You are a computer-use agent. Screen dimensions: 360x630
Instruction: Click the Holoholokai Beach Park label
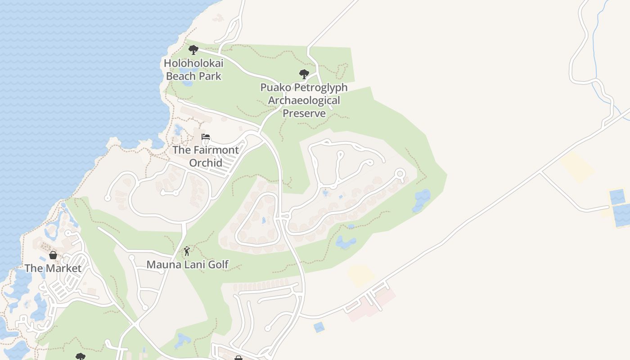pos(193,70)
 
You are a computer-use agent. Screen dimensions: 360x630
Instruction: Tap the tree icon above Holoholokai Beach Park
pos(193,49)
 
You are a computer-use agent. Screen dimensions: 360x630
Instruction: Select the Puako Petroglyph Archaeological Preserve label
pos(304,100)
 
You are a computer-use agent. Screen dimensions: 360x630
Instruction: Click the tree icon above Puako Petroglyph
pos(304,74)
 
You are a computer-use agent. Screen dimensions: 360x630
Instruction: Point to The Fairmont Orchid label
pos(206,156)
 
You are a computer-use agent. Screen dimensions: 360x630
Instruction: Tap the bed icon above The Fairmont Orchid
pos(206,137)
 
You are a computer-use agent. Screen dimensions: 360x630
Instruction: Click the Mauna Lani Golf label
pos(188,265)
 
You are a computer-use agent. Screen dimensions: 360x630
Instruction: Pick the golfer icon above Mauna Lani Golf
pos(187,251)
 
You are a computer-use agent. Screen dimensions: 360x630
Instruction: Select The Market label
pos(53,268)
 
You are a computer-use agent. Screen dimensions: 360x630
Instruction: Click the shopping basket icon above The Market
pos(53,255)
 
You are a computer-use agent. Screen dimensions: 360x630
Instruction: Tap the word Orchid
pos(206,162)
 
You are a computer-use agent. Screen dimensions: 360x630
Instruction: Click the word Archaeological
pos(304,100)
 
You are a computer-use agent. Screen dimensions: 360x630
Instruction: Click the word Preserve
pos(304,113)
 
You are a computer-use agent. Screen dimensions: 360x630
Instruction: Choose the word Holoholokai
pos(193,63)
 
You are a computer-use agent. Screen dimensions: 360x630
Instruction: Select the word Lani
pos(195,265)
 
